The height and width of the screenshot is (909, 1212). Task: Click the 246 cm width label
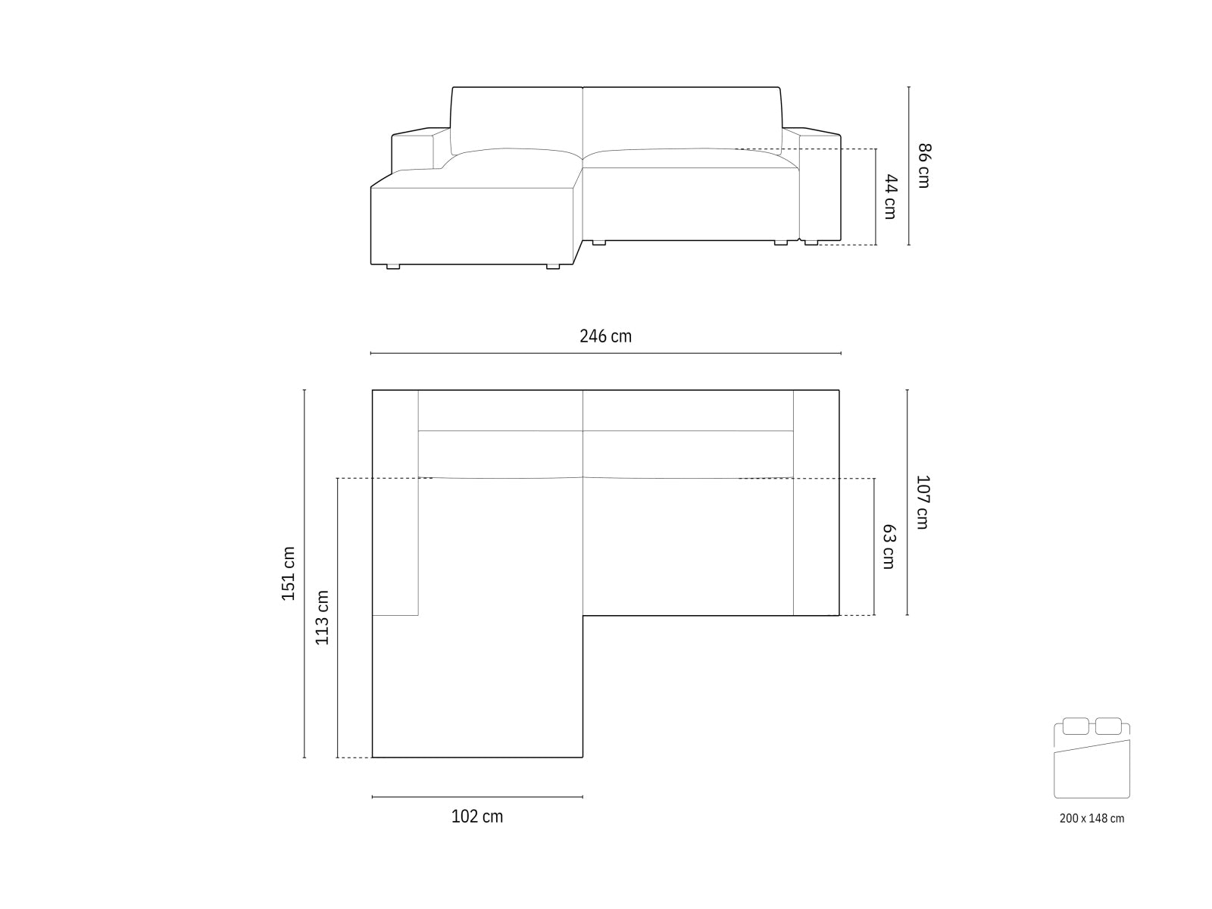[605, 336]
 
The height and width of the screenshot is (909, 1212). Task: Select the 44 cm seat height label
[890, 197]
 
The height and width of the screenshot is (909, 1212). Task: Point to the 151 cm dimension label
[288, 573]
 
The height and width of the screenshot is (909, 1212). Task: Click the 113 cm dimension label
[322, 617]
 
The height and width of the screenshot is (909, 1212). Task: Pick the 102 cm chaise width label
[476, 817]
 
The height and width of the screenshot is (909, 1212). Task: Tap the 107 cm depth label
[922, 501]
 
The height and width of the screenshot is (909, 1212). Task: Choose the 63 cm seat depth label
[889, 547]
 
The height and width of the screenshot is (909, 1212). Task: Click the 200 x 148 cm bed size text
[1092, 818]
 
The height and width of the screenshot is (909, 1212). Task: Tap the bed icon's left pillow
[1075, 726]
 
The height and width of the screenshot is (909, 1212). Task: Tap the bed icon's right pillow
[1108, 726]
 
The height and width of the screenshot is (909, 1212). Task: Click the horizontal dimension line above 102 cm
[477, 797]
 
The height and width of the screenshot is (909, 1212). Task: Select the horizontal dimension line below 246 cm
[605, 353]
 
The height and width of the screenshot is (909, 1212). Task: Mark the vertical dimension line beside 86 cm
[909, 166]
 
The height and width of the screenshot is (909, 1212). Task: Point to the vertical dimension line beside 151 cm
[305, 573]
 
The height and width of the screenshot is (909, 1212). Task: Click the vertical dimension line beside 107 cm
[907, 502]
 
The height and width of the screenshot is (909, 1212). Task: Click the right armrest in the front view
[820, 186]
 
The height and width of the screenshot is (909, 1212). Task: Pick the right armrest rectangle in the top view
[816, 502]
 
